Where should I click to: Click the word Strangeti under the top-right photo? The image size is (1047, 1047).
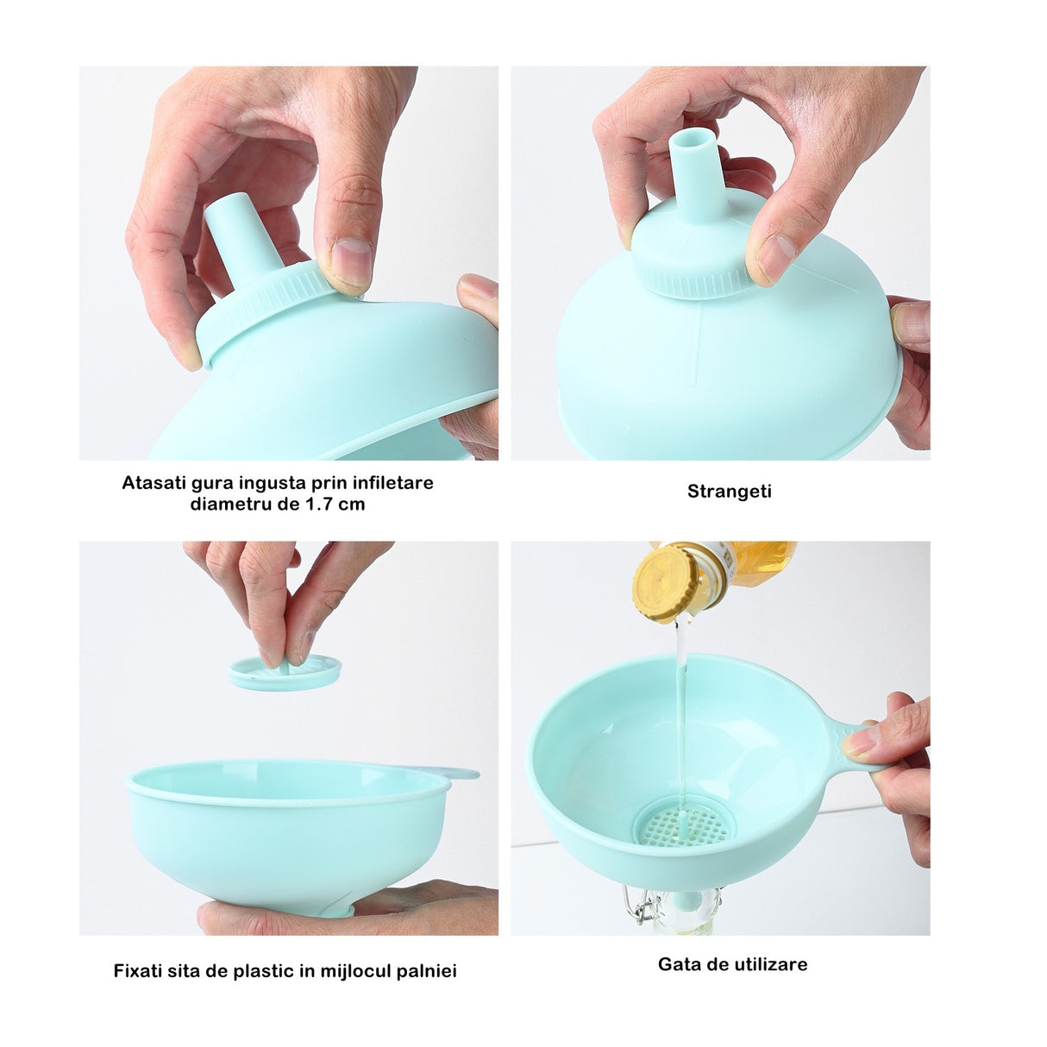pyautogui.click(x=729, y=492)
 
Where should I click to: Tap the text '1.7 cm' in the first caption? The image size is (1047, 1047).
pyautogui.click(x=335, y=505)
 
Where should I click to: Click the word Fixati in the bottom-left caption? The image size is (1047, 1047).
pyautogui.click(x=137, y=971)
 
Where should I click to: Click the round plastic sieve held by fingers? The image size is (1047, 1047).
pyautogui.click(x=285, y=671)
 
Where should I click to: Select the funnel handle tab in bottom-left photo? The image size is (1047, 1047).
pyautogui.click(x=461, y=774)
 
